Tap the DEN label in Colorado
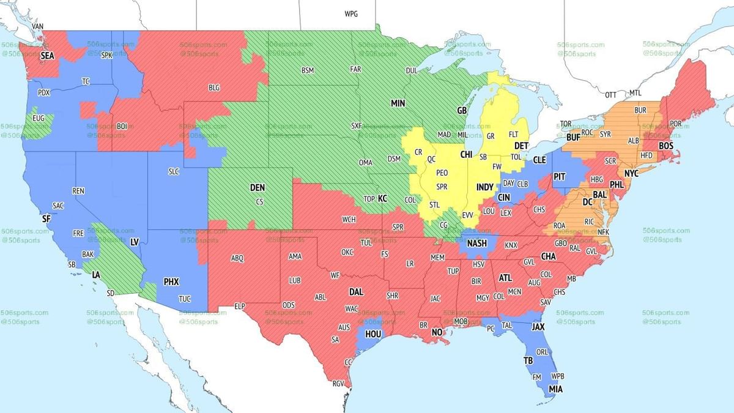point(258,188)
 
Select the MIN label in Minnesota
point(398,103)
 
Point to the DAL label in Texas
point(356,292)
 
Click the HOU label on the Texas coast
point(374,335)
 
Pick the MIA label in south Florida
point(555,389)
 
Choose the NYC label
point(631,174)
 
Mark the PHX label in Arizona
point(171,282)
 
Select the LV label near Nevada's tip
point(134,242)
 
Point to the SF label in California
point(46,218)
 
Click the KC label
point(382,199)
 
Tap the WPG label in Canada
point(351,13)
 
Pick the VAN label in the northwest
point(38,27)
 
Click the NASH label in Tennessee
point(476,243)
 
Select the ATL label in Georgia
point(505,277)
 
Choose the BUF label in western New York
point(573,138)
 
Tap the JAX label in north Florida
point(538,327)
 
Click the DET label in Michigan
point(521,146)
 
